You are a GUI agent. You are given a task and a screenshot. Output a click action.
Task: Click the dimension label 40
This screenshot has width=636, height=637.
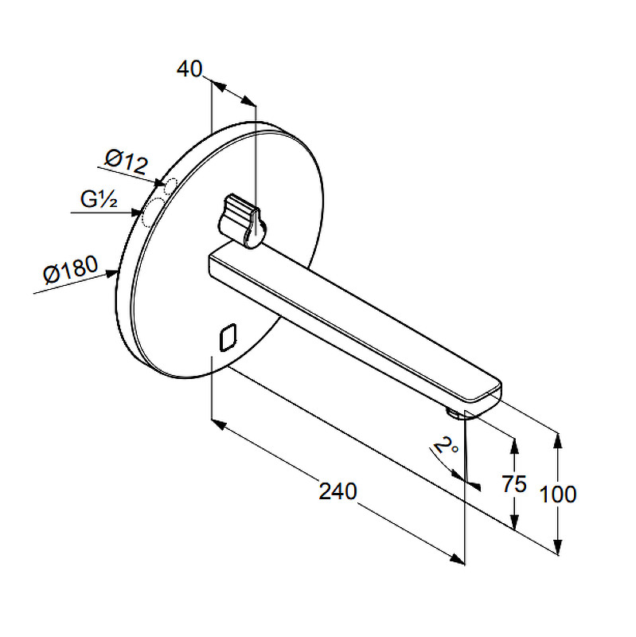tap(189, 69)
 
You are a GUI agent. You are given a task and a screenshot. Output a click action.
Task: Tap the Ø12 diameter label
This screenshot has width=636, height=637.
tap(127, 162)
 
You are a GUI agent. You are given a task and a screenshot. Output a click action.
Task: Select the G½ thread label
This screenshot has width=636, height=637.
tap(99, 200)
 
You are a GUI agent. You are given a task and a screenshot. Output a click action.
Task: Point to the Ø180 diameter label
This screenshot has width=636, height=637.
tap(71, 269)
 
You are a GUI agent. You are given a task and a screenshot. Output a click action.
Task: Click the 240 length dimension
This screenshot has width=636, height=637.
tap(338, 491)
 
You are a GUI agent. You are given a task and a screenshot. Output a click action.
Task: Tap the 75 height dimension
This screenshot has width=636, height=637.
tap(513, 483)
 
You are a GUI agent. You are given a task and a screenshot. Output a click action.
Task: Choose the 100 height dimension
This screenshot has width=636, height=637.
tap(558, 494)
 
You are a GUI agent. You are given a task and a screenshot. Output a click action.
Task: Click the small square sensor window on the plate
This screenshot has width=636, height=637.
tap(228, 337)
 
